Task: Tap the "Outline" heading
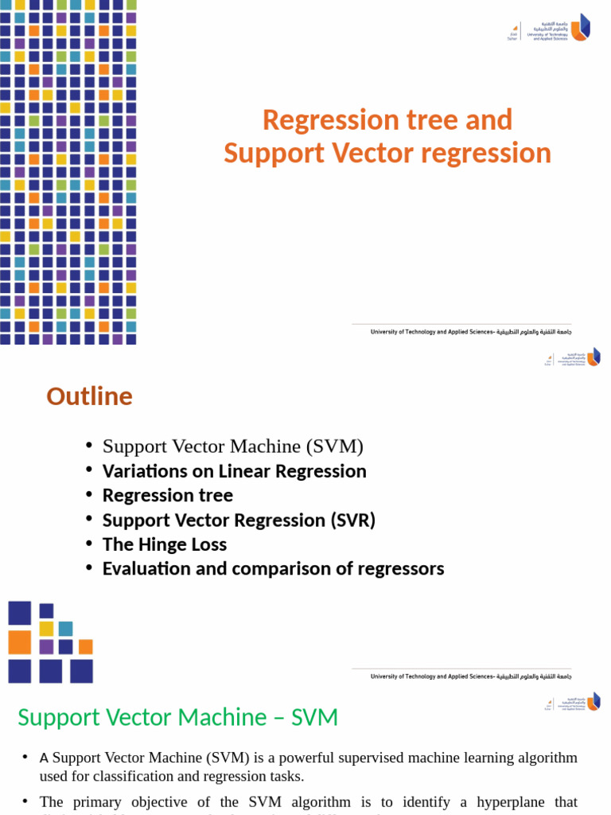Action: (89, 396)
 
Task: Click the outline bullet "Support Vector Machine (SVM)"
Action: (232, 446)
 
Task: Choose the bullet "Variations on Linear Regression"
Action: (234, 471)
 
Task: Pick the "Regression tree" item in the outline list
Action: (167, 496)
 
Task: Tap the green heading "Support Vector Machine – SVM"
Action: (177, 717)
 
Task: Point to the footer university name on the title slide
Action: (471, 332)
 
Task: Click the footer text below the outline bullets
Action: (471, 677)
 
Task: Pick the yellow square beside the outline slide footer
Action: (47, 629)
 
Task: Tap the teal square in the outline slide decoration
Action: (65, 629)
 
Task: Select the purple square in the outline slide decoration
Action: (47, 647)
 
